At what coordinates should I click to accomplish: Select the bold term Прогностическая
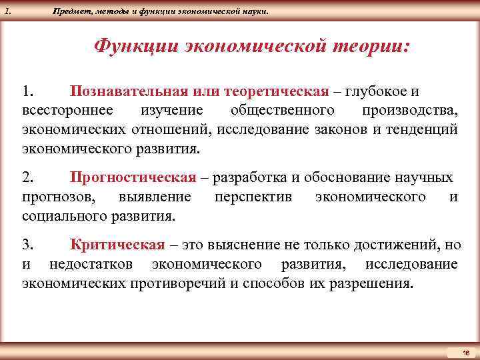(x=133, y=177)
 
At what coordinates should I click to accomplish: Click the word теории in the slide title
(x=371, y=47)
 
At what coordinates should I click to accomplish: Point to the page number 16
(x=465, y=351)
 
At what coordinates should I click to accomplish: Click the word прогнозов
(x=58, y=197)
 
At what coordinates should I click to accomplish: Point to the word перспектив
(x=253, y=197)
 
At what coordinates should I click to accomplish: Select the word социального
(x=61, y=216)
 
